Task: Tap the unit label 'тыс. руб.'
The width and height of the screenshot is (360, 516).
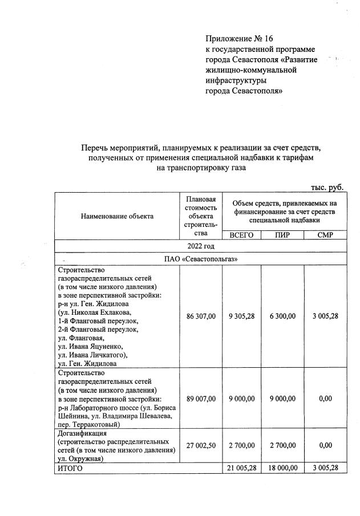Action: tap(327, 187)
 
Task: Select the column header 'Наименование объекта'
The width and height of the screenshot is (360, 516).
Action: tap(117, 216)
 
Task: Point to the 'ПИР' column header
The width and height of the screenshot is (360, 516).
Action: tap(282, 235)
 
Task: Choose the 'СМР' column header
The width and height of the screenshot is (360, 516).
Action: tap(325, 235)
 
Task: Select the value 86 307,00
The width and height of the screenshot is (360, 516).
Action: tap(200, 316)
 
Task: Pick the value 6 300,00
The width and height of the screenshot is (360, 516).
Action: tap(282, 316)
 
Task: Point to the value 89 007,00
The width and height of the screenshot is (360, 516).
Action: tap(200, 399)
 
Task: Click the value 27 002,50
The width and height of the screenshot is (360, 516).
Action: tap(200, 445)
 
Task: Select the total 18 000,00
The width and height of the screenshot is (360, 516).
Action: tap(282, 468)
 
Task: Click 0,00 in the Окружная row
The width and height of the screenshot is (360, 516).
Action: tap(325, 445)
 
